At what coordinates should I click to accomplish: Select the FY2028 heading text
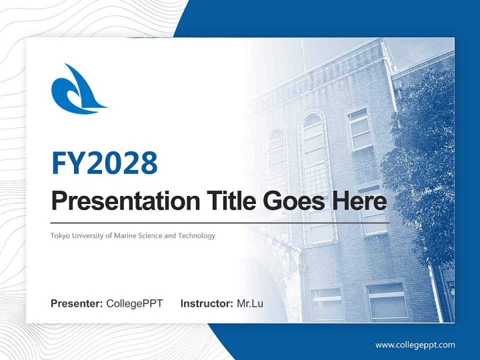[x=104, y=163]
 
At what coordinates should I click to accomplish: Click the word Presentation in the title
[x=125, y=200]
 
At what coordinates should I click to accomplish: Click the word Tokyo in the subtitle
[x=59, y=236]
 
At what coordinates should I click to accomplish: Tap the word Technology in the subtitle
[x=197, y=236]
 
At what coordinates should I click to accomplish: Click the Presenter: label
[x=76, y=303]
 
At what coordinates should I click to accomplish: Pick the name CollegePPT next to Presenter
[x=134, y=303]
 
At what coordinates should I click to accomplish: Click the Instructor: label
[x=207, y=303]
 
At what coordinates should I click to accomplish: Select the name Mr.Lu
[x=250, y=303]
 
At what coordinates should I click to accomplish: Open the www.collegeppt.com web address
[x=415, y=345]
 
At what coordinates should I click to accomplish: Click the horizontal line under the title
[x=220, y=223]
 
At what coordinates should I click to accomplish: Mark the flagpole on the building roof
[x=303, y=55]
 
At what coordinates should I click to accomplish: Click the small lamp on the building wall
[x=303, y=267]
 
